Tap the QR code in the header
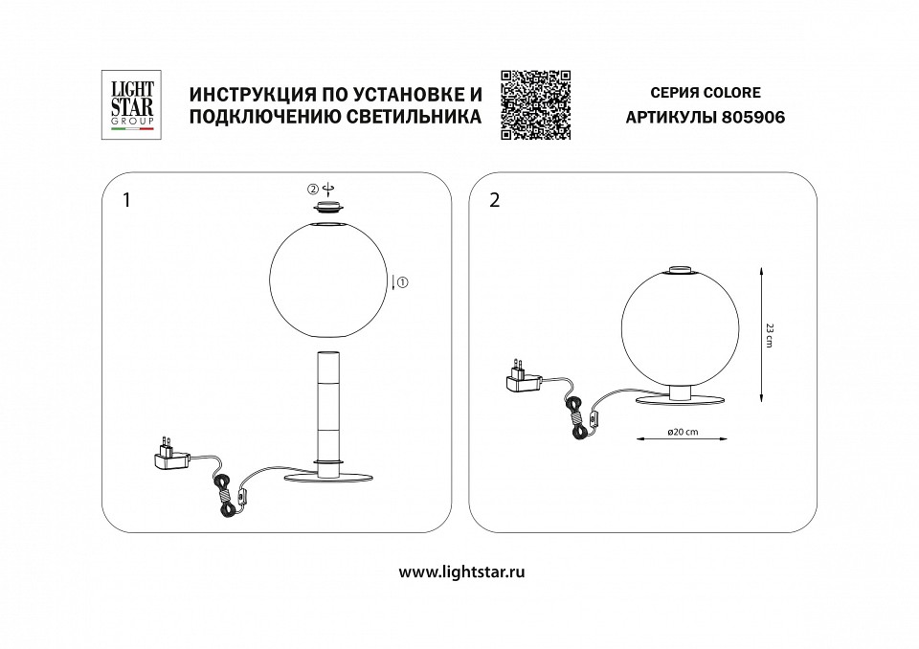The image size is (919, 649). [x=535, y=105]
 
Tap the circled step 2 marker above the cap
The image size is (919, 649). [x=312, y=187]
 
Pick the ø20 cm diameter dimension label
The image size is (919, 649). [x=682, y=432]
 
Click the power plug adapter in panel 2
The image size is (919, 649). [x=523, y=378]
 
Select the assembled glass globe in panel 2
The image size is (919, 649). [x=679, y=326]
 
